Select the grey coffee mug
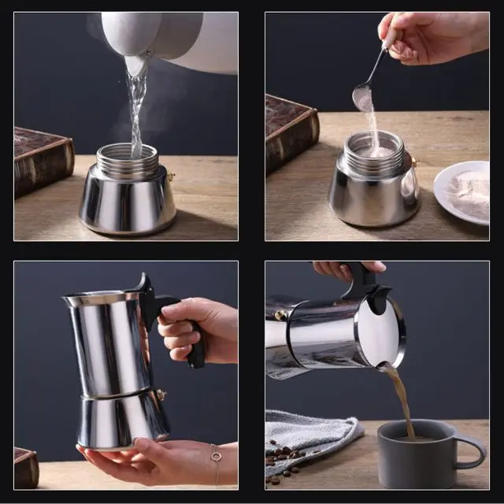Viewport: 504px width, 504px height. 417,455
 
